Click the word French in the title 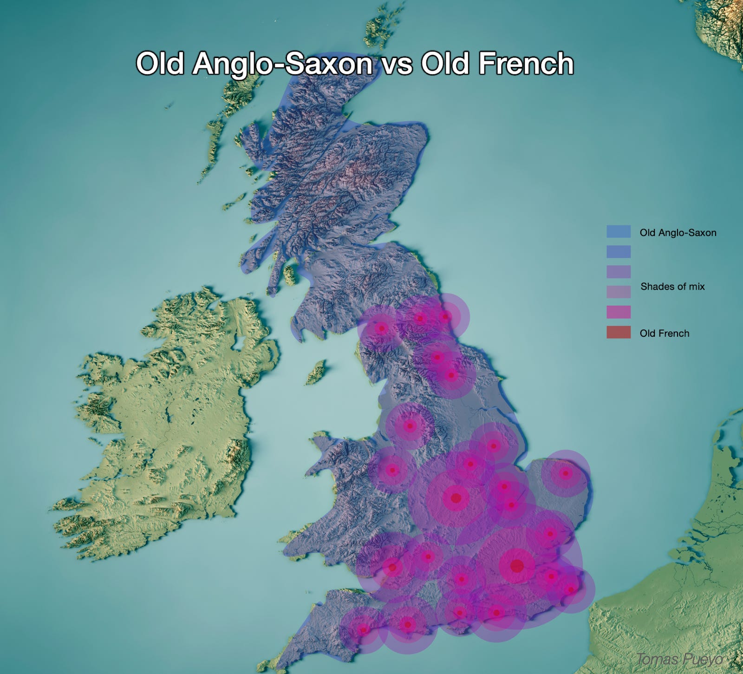[x=526, y=64]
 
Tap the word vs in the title [x=397, y=65]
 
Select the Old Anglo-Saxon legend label [x=678, y=233]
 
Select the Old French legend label [x=664, y=333]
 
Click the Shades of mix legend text [x=672, y=287]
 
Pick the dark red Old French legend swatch [x=618, y=332]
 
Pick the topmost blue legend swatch [x=618, y=231]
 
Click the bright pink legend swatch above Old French [x=618, y=312]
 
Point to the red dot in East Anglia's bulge [x=565, y=473]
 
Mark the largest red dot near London [x=517, y=566]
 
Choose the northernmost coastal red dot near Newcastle [x=445, y=317]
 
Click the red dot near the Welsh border [x=392, y=470]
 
